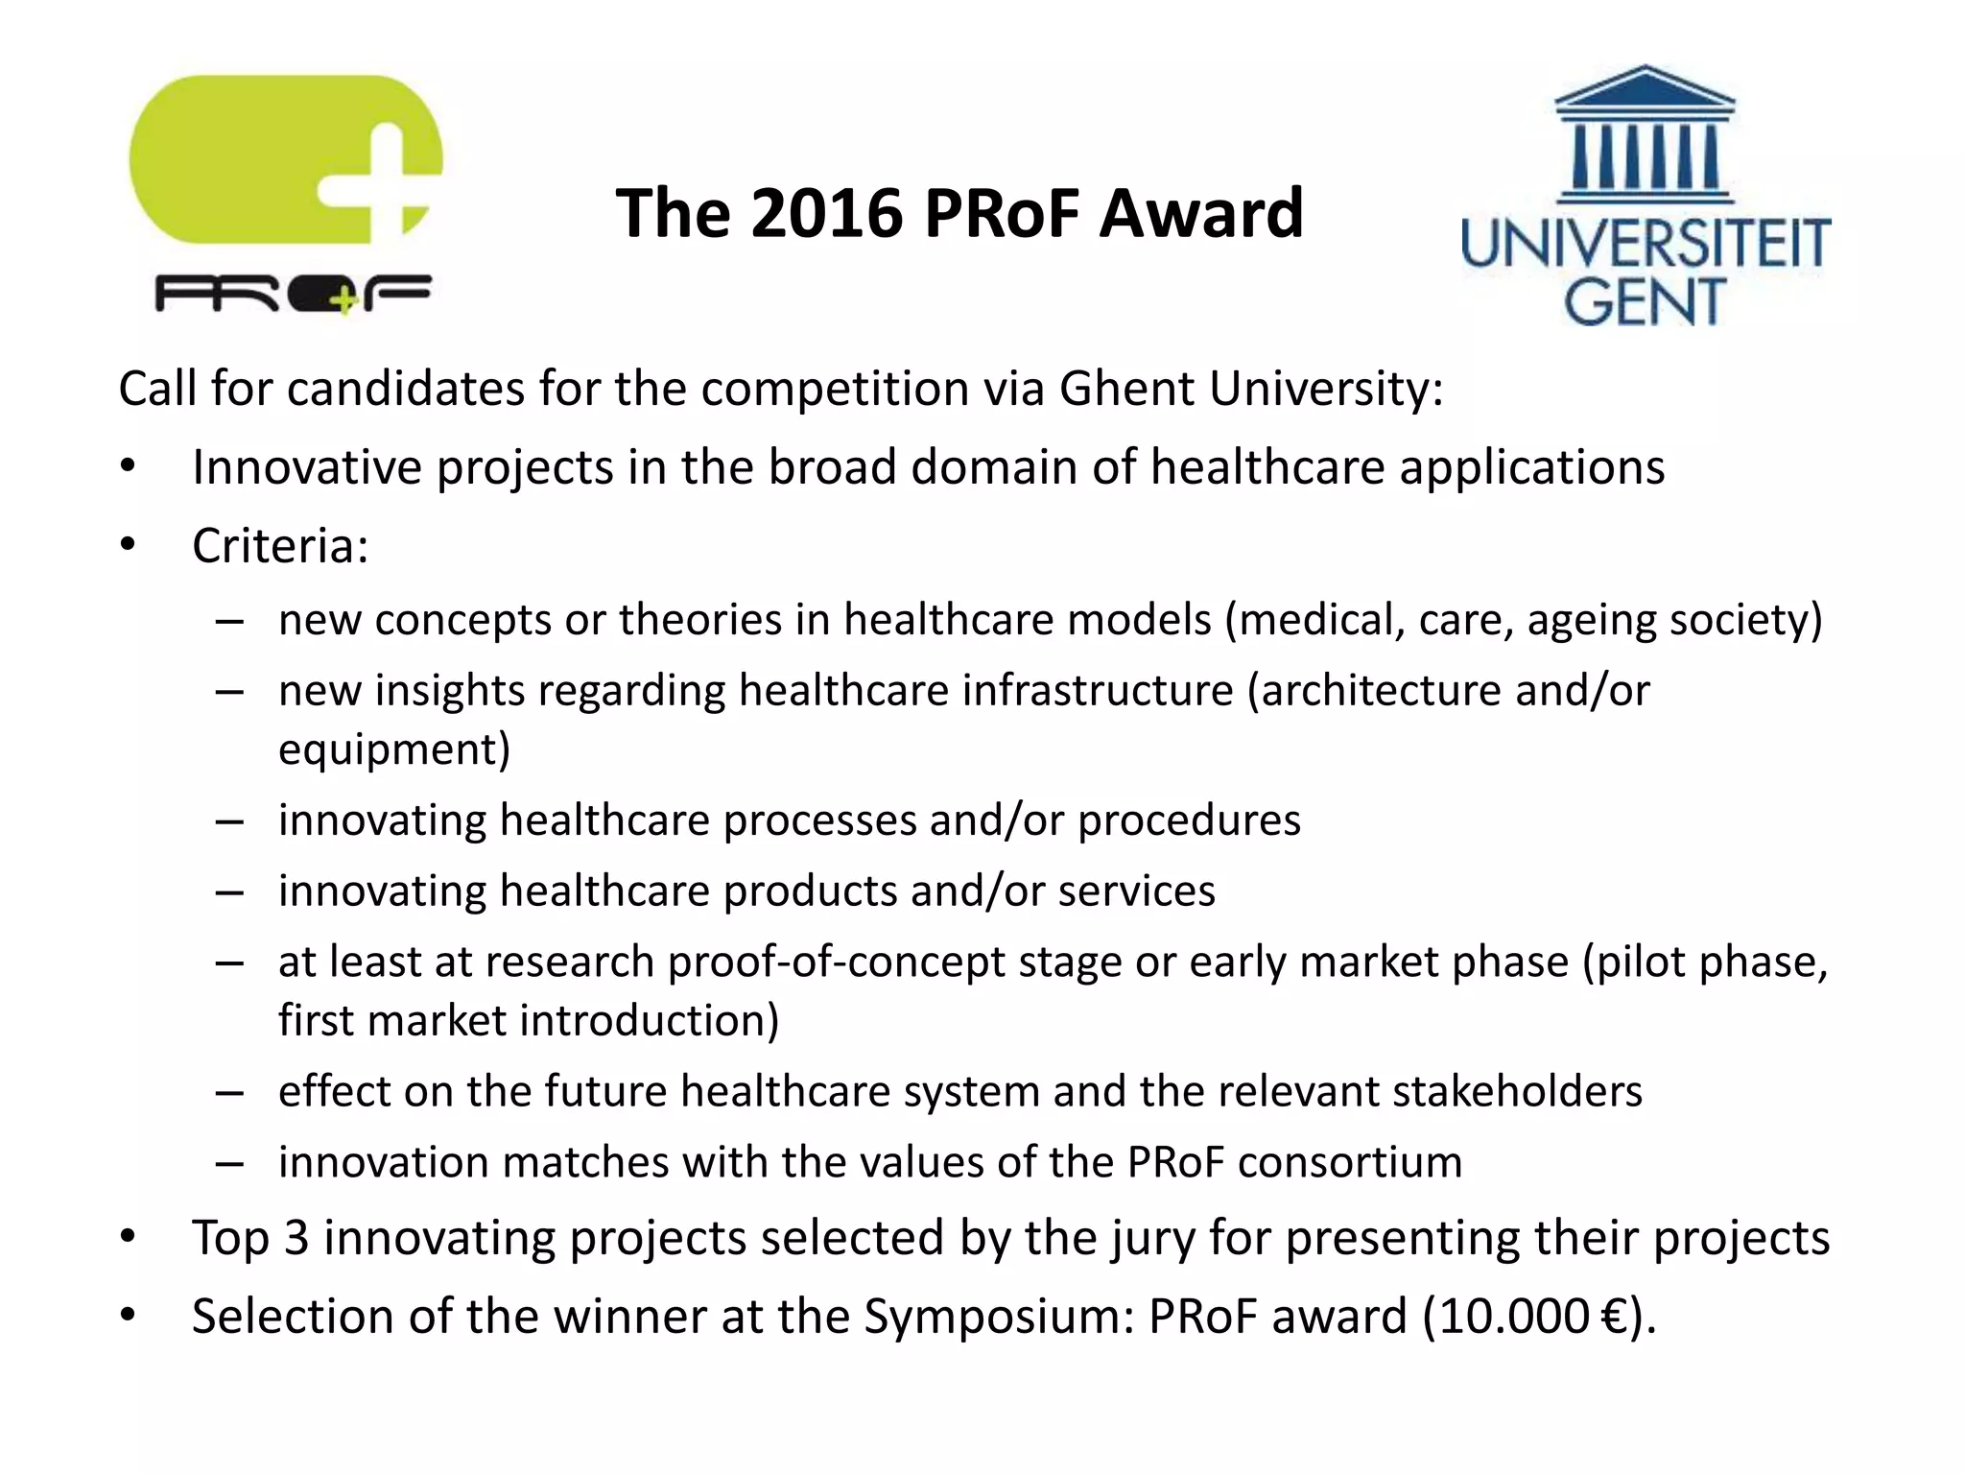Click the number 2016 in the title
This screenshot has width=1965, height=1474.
[x=826, y=212]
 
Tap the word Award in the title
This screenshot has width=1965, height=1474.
[x=1201, y=212]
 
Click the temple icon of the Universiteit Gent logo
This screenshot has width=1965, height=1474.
[x=1645, y=134]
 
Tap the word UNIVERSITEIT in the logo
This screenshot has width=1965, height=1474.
[x=1645, y=244]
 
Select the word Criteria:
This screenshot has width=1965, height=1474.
[x=280, y=546]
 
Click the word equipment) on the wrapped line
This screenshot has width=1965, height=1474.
[x=394, y=749]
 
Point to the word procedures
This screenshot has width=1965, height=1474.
[x=1189, y=820]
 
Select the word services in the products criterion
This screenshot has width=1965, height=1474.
[x=1136, y=891]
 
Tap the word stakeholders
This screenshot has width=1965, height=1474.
[x=1517, y=1092]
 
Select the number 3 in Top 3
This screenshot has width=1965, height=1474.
[x=296, y=1238]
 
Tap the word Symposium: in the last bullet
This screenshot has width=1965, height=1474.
[x=999, y=1317]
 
